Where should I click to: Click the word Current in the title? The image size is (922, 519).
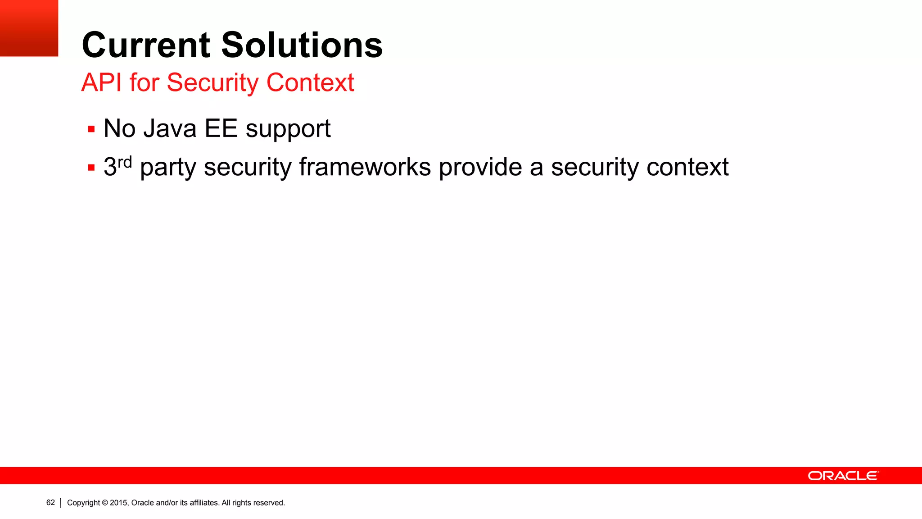pos(146,45)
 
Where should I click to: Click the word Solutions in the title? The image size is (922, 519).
pos(302,45)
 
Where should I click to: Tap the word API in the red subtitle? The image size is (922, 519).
pos(101,82)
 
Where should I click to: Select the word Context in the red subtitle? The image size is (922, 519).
pos(310,82)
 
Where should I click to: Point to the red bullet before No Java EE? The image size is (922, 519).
pos(91,130)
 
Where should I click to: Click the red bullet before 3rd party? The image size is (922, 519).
pos(91,168)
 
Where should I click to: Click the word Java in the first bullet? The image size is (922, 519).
pos(170,128)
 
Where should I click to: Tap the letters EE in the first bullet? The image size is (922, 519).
pos(221,128)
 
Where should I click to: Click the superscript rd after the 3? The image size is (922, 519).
pos(125,162)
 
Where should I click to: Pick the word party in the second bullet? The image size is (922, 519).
pos(168,168)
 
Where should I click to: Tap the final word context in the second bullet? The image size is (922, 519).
pos(687,167)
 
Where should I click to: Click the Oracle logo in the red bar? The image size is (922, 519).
pos(843,476)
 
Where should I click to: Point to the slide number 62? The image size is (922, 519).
pos(50,503)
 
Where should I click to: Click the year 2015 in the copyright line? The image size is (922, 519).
pos(119,503)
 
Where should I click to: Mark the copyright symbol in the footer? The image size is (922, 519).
pos(105,503)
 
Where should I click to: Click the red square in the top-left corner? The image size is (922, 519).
pos(29,28)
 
